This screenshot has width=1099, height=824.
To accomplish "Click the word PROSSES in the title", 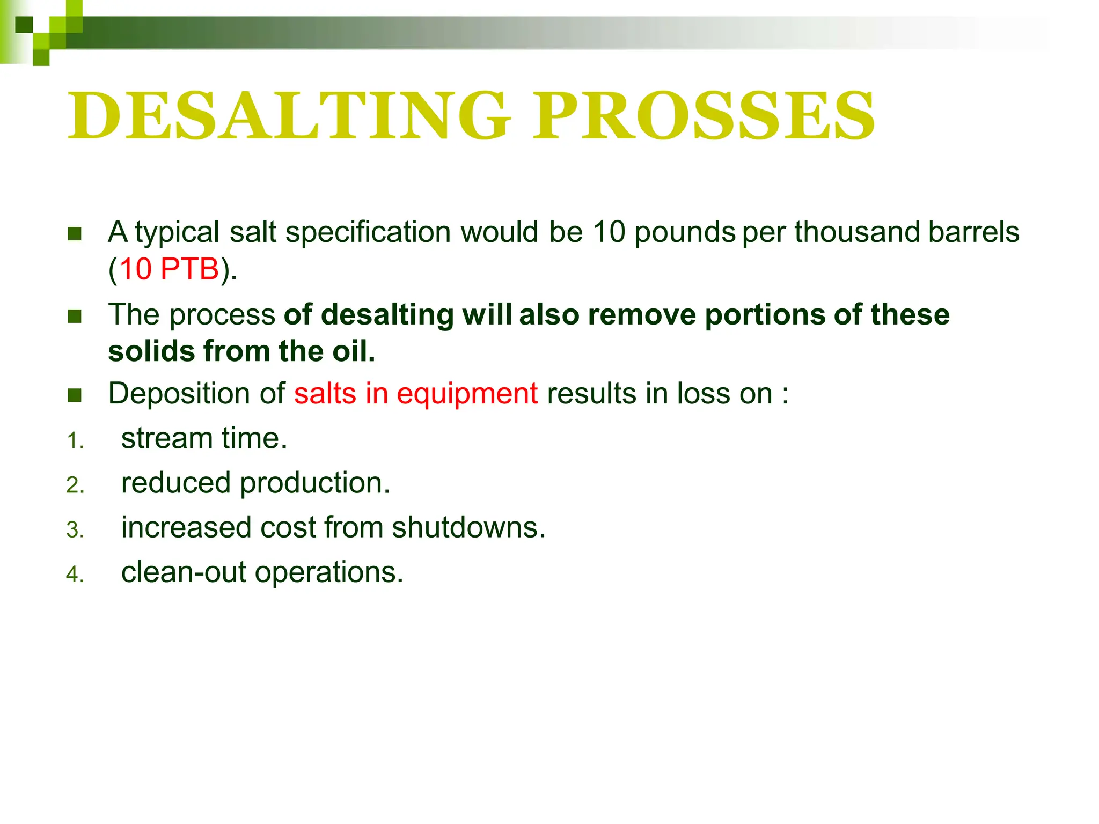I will pyautogui.click(x=704, y=116).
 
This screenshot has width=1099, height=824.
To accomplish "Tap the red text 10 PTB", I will pyautogui.click(x=169, y=269).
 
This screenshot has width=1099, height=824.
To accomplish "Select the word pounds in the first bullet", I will pyautogui.click(x=685, y=233).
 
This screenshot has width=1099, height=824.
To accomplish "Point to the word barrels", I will pyautogui.click(x=973, y=232).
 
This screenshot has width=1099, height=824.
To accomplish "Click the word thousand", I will pyautogui.click(x=857, y=232).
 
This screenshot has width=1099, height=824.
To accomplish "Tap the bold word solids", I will pyautogui.click(x=151, y=351).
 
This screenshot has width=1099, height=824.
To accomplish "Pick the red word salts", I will pyautogui.click(x=325, y=393).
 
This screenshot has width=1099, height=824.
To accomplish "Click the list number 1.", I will pyautogui.click(x=75, y=441).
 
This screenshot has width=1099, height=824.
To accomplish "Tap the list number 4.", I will pyautogui.click(x=75, y=575).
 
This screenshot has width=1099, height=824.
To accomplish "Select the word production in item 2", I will pyautogui.click(x=314, y=483).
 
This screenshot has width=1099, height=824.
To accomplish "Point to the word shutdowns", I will pyautogui.click(x=468, y=527).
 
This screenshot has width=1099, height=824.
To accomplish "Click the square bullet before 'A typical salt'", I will pyautogui.click(x=75, y=234).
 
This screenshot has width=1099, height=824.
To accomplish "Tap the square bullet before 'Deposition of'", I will pyautogui.click(x=75, y=395).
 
